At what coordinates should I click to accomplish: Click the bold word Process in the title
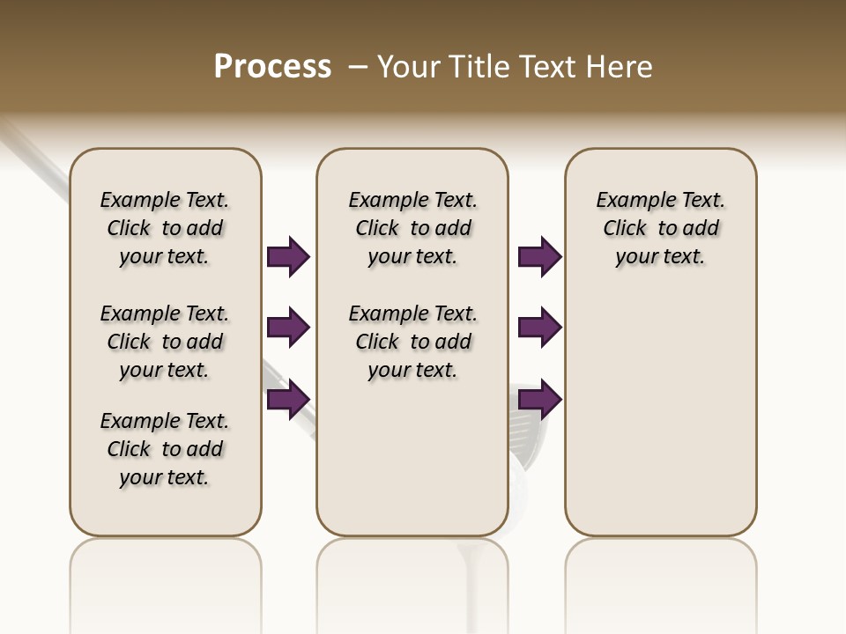[x=272, y=67]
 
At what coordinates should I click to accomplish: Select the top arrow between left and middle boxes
[x=288, y=256]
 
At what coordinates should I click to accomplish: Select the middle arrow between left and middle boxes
[x=288, y=328]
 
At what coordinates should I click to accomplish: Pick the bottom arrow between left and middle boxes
[x=288, y=400]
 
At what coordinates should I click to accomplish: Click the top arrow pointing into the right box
[x=539, y=256]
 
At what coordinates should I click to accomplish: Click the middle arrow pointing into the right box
[x=539, y=328]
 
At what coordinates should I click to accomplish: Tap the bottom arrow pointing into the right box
[x=539, y=400]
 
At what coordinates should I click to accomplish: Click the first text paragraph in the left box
[x=165, y=228]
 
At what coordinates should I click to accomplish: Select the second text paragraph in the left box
[x=165, y=342]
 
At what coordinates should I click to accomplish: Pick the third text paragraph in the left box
[x=165, y=449]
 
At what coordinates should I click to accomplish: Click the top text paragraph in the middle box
[x=412, y=228]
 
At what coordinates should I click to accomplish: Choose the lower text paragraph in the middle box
[x=412, y=342]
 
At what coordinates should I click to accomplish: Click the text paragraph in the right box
[x=660, y=228]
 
